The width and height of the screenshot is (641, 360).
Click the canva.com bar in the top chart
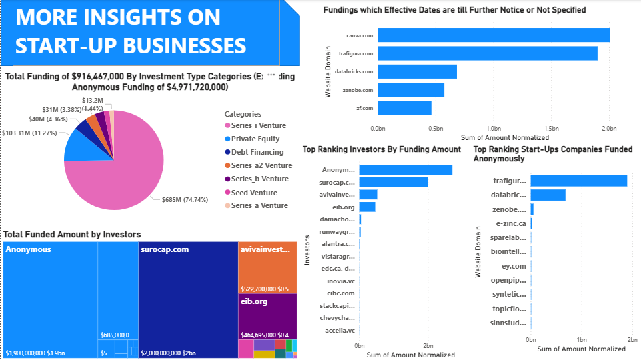(x=494, y=35)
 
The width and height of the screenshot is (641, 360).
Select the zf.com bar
(x=404, y=107)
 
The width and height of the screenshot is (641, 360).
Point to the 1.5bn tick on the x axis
(x=550, y=127)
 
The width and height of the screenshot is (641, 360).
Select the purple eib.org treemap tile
(x=267, y=317)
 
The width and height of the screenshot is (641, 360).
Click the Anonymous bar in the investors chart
(x=406, y=170)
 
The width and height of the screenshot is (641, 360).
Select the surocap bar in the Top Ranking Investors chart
(x=394, y=182)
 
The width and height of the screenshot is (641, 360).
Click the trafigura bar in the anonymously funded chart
(x=578, y=181)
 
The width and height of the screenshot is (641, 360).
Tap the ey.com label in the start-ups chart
(x=514, y=266)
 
